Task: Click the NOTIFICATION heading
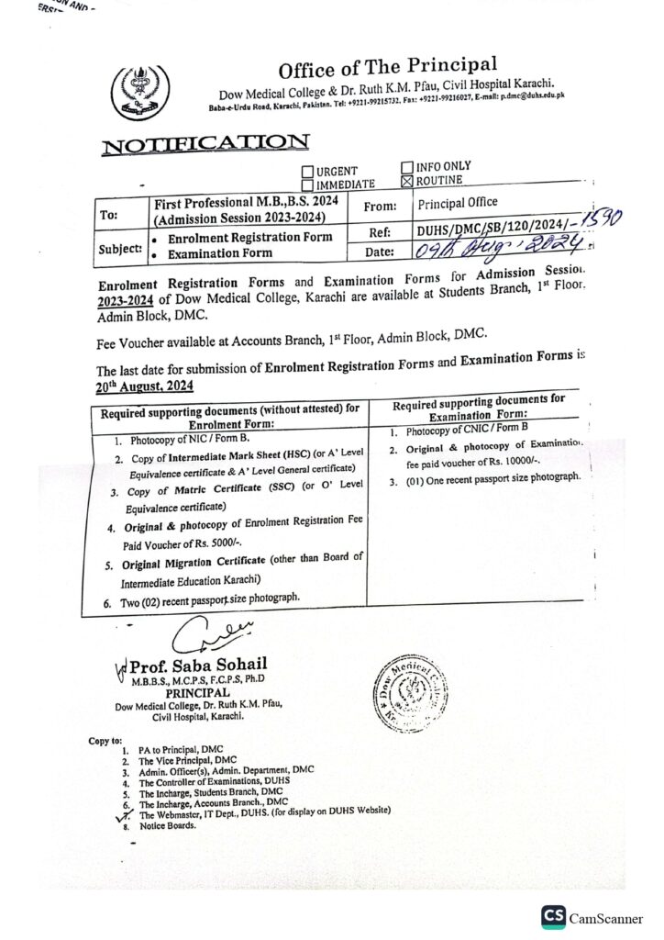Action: (x=205, y=143)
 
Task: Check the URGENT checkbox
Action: (x=307, y=172)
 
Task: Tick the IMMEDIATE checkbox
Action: (x=307, y=185)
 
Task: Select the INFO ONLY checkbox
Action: (x=407, y=167)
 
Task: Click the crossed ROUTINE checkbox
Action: (x=407, y=180)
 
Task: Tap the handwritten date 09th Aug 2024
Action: (x=501, y=244)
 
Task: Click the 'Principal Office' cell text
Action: (x=457, y=202)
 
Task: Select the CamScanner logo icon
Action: (x=553, y=916)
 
